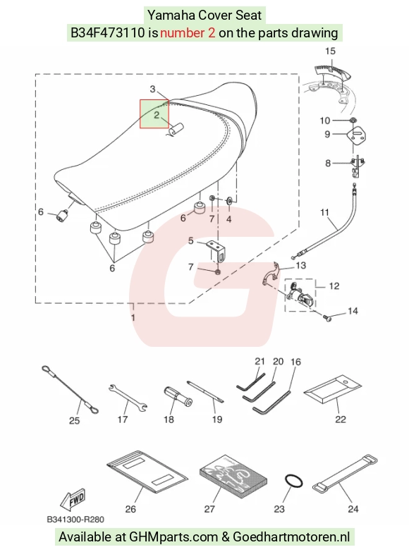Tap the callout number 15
click(330, 51)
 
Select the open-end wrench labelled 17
click(128, 398)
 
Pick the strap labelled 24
click(345, 474)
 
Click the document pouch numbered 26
click(147, 472)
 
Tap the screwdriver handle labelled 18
click(178, 397)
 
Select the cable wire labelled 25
click(70, 389)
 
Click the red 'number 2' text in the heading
click(188, 32)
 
